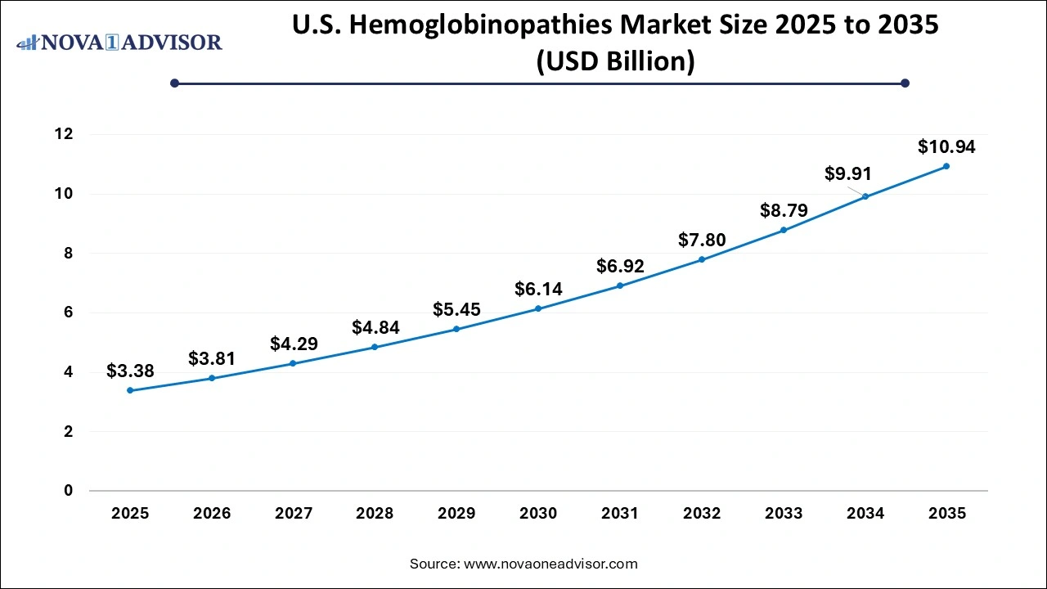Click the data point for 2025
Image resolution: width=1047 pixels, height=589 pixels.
[130, 390]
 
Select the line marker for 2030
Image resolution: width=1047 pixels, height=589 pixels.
[538, 308]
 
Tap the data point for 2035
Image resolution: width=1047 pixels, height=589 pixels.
[946, 166]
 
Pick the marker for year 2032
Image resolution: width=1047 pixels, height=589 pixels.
[702, 259]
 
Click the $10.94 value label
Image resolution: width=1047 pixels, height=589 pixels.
[946, 147]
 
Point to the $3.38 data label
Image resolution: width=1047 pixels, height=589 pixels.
[130, 371]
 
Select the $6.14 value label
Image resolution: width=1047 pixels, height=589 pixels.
[538, 289]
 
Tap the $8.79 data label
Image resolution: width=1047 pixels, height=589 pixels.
[784, 210]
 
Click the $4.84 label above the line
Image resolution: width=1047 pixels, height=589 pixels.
[375, 327]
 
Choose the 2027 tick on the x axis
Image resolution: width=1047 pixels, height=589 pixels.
[294, 514]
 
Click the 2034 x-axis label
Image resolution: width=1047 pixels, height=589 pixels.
[865, 514]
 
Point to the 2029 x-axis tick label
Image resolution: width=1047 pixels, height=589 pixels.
[456, 514]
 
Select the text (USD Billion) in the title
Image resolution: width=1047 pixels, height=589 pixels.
[616, 61]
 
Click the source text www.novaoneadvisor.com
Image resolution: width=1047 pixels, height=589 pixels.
[550, 564]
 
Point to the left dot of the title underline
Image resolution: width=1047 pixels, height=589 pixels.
[174, 83]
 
